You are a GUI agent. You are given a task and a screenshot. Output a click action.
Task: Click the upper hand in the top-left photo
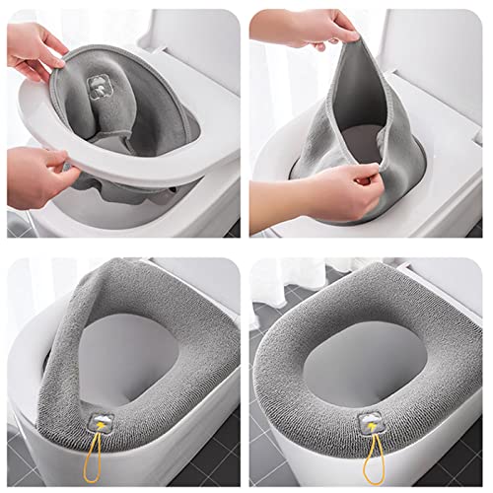[x=35, y=54]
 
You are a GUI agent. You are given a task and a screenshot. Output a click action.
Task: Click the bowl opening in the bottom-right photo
[x=370, y=365]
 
